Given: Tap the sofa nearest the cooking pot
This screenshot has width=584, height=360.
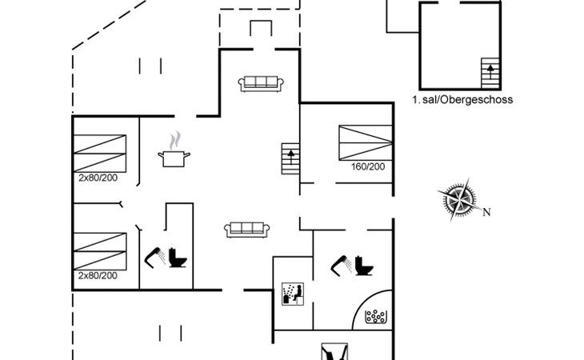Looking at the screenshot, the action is pos(247,230).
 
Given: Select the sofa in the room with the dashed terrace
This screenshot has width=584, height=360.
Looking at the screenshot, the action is pos(261,84).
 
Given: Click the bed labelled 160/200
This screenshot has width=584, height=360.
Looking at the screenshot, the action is pos(366,142).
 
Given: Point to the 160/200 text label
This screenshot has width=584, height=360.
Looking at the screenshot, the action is pos(368,166).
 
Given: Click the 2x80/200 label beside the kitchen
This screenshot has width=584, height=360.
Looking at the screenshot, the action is pos(98,178).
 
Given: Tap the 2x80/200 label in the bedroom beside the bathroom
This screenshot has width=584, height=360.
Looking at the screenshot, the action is pos(98,275).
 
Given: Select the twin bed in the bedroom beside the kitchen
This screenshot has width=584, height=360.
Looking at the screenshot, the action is pos(100,153).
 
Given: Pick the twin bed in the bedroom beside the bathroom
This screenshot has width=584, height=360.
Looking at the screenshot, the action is pos(100,251).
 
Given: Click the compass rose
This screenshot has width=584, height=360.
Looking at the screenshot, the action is pos(460,199).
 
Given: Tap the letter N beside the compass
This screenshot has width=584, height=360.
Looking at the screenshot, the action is pos(486,212).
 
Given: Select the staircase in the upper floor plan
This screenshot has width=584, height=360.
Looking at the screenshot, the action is pos(490,73).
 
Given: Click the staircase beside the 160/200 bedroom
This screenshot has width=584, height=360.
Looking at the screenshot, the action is pos(290,158).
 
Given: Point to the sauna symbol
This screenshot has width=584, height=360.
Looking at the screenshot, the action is pos(293,294).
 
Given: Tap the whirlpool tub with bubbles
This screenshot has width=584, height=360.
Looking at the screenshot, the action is pos(376,317).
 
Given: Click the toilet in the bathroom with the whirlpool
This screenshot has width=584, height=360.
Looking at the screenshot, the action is pos(364,266).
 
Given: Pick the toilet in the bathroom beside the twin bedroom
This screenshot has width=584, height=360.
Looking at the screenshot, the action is pos(178,258).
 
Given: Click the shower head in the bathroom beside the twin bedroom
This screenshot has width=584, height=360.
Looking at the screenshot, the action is pos(155,258).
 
